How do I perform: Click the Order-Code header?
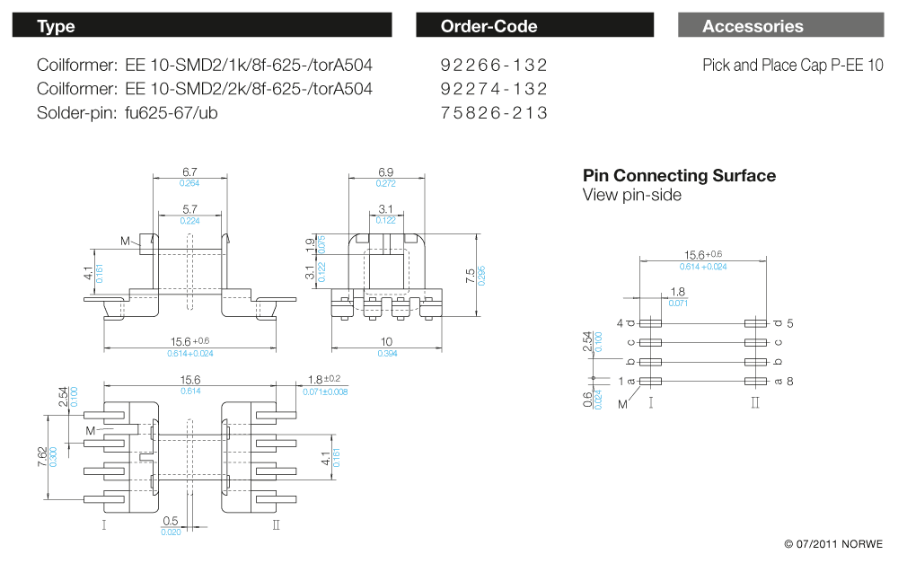coord(489,26)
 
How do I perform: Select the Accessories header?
coord(753,26)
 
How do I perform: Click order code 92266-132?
coord(494,66)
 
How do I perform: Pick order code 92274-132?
coord(494,89)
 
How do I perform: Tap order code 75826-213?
coord(494,113)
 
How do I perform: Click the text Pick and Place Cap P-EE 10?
coord(793,66)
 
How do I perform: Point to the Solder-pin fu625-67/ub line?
coord(128,113)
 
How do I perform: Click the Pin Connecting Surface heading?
coord(679,175)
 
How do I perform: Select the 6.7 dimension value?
coord(189,172)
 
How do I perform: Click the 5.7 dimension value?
coord(189,209)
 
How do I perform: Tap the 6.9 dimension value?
coord(386,172)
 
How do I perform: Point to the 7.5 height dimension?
coord(471,276)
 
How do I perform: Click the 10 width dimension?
coord(386,342)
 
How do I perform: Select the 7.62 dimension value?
coord(42,456)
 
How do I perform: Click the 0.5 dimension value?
coord(170,521)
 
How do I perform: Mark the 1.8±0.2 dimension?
coord(324,379)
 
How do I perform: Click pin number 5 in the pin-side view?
coord(789,323)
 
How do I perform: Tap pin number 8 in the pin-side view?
coord(789,382)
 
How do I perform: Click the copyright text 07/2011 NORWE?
coord(834,543)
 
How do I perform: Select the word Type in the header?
coord(56,26)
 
